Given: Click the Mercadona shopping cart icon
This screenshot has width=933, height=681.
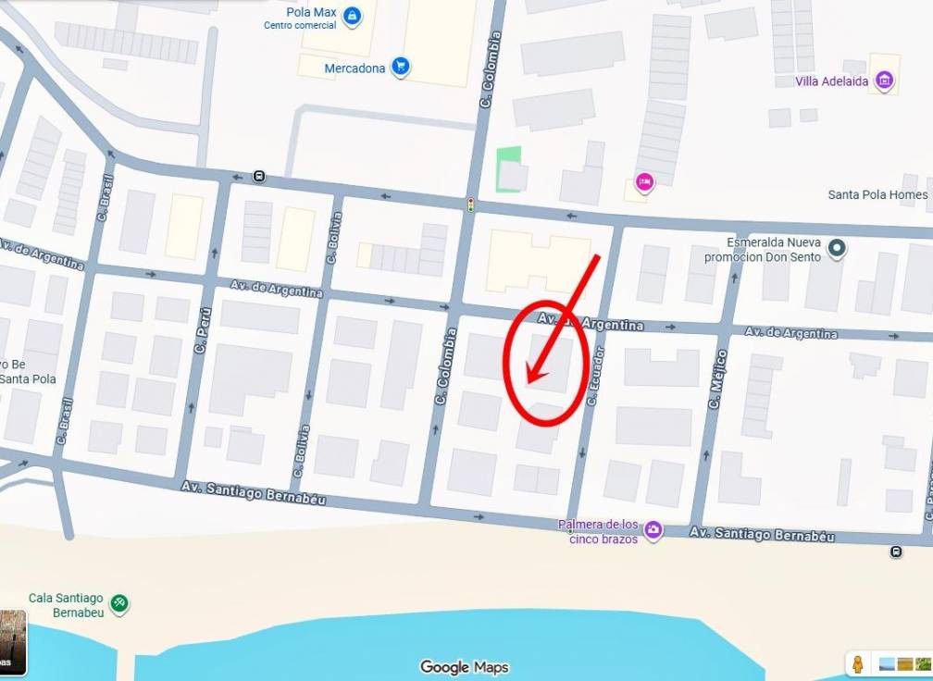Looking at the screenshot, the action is point(401,66).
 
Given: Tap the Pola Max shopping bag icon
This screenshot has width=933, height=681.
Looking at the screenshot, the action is point(352,16).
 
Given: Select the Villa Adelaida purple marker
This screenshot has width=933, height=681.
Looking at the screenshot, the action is point(885,81).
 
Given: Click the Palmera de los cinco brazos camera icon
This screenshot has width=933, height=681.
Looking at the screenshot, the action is point(653,530).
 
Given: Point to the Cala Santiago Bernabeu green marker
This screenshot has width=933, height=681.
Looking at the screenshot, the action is point(118,604).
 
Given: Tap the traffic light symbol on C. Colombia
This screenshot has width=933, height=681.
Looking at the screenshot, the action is point(471,204).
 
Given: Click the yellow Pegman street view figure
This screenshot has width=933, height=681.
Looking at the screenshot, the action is point(858,664).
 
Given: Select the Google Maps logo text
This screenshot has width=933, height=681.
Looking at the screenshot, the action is point(464,667).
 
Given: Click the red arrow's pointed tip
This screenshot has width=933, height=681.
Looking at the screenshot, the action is point(528,381).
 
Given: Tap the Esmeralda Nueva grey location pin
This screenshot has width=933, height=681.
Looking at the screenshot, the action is point(837,248).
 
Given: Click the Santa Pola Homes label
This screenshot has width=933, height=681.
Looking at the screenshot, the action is point(877,195).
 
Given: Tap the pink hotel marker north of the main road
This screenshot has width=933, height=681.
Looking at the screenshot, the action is point(644,182).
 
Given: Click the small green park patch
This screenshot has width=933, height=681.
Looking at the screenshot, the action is point(507,169).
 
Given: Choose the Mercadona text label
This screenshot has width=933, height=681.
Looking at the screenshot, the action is point(355,68).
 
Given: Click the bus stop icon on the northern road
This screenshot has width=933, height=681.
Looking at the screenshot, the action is point(259,177).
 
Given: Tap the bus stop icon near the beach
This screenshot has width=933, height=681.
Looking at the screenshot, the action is point(896,552).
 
